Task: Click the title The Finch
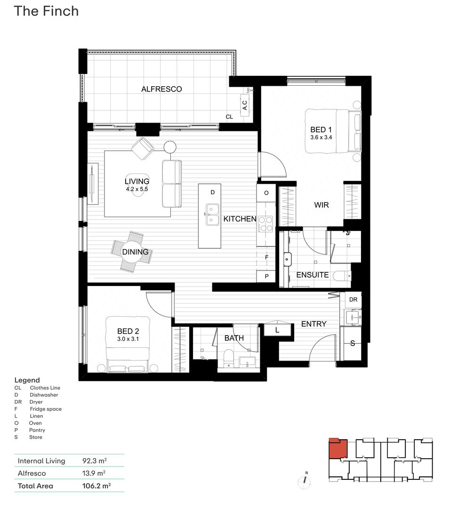click(x=46, y=11)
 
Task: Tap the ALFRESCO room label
click(x=161, y=89)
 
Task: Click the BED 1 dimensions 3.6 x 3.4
click(x=321, y=138)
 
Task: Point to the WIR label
click(x=321, y=205)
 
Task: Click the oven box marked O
click(x=266, y=193)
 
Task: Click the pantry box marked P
click(x=266, y=277)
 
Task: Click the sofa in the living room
click(x=172, y=183)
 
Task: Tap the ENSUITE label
click(x=313, y=275)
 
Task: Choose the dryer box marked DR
click(x=353, y=300)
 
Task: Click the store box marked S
click(x=353, y=343)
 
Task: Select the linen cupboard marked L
click(x=277, y=330)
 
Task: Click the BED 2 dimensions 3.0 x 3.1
click(x=128, y=339)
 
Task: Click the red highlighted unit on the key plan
click(x=337, y=449)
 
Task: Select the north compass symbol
click(x=305, y=480)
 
